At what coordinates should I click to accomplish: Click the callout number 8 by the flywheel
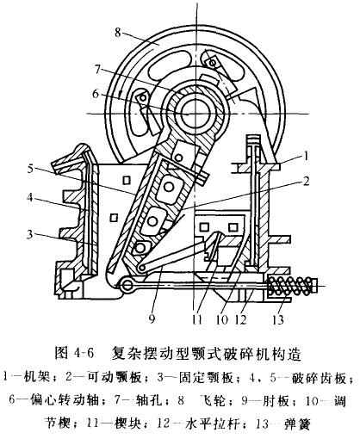[x=118, y=32]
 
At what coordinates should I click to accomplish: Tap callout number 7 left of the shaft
[x=97, y=70]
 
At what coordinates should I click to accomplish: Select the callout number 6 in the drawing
[x=96, y=94]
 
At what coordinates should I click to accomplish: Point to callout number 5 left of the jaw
[x=31, y=169]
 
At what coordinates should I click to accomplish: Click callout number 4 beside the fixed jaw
[x=30, y=198]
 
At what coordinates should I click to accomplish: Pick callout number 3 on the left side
[x=30, y=235]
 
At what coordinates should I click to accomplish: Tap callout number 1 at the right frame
[x=306, y=157]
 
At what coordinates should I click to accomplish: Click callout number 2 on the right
[x=307, y=181]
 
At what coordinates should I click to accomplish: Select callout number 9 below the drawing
[x=152, y=318]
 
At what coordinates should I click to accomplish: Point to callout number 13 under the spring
[x=278, y=319]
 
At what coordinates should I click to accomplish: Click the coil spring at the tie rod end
[x=289, y=286]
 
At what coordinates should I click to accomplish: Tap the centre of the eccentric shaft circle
[x=194, y=114]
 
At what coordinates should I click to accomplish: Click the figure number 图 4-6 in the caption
[x=74, y=354]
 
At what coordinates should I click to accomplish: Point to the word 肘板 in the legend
[x=276, y=400]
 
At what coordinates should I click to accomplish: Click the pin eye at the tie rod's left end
[x=127, y=284]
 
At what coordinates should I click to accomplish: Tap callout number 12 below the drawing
[x=240, y=319]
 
